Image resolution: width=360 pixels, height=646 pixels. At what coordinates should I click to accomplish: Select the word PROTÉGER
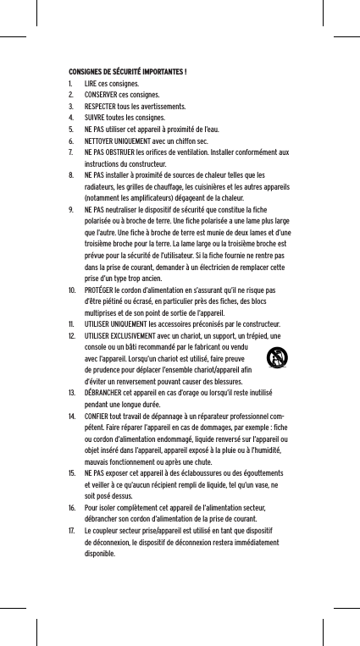[x=102, y=315]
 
